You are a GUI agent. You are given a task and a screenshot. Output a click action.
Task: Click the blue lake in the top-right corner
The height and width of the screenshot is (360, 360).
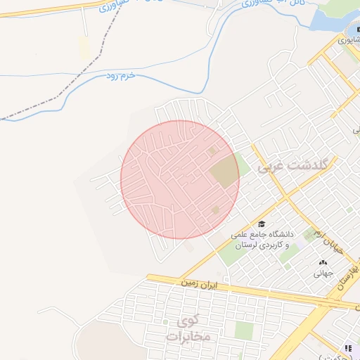[x=330, y=21]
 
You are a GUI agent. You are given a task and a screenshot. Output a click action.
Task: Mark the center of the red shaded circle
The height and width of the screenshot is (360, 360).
[x=180, y=179]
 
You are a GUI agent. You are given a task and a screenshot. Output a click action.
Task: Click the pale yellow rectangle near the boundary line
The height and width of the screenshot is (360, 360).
[x=85, y=49]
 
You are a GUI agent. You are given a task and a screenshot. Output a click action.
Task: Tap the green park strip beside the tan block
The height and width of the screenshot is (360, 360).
[x=241, y=167]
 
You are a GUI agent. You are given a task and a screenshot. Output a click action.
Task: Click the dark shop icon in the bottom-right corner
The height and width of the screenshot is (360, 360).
[x=348, y=348]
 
